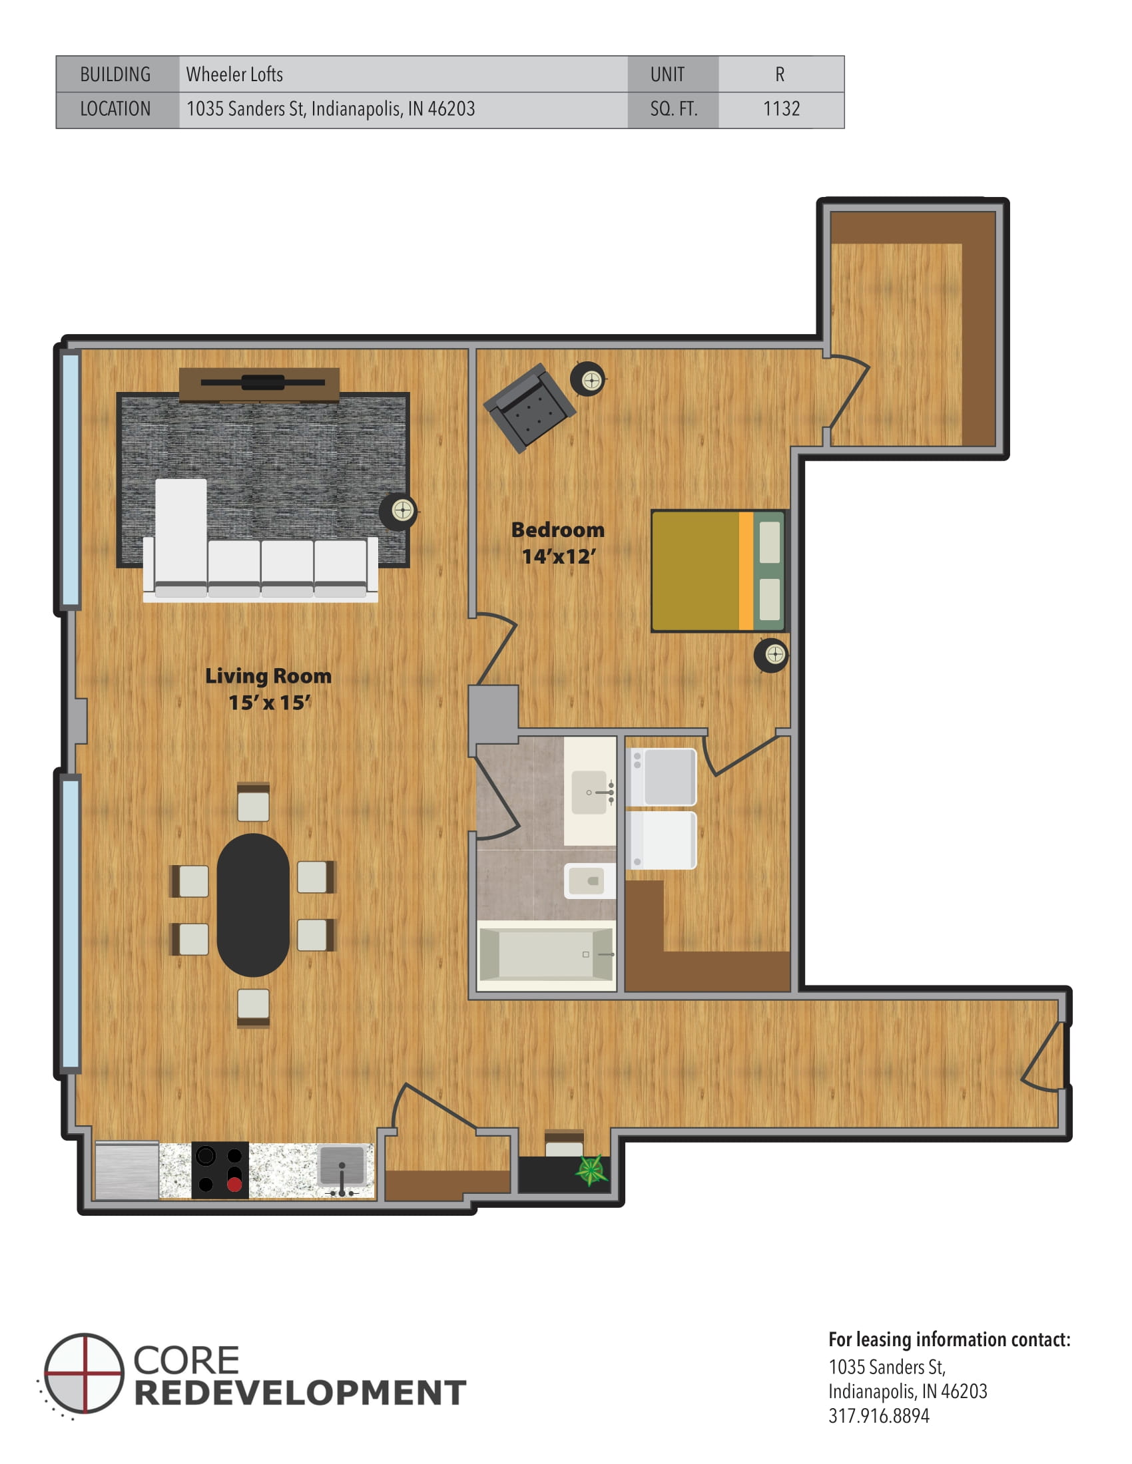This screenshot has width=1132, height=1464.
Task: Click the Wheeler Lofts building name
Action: [234, 75]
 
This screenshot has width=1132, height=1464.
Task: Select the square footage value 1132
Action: [780, 108]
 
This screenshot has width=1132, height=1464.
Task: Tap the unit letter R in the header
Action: [779, 75]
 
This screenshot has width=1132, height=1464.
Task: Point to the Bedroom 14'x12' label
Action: [557, 543]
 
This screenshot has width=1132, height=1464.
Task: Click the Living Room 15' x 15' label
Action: [268, 689]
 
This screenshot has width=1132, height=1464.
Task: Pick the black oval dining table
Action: [253, 904]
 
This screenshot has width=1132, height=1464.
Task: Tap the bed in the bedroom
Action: [717, 571]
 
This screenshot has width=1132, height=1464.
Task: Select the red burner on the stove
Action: [234, 1185]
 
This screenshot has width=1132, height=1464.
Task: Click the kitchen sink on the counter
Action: [342, 1167]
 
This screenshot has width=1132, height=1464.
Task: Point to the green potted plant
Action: [591, 1171]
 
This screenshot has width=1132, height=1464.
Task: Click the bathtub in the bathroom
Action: [546, 954]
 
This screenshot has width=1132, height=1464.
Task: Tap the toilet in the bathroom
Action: [589, 880]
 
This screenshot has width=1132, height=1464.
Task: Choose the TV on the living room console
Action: [262, 383]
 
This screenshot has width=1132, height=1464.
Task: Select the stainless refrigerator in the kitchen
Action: [127, 1171]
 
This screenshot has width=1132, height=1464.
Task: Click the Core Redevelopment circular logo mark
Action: [85, 1373]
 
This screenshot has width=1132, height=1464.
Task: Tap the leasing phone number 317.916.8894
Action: [878, 1415]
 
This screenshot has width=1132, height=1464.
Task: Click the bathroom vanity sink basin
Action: [589, 793]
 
